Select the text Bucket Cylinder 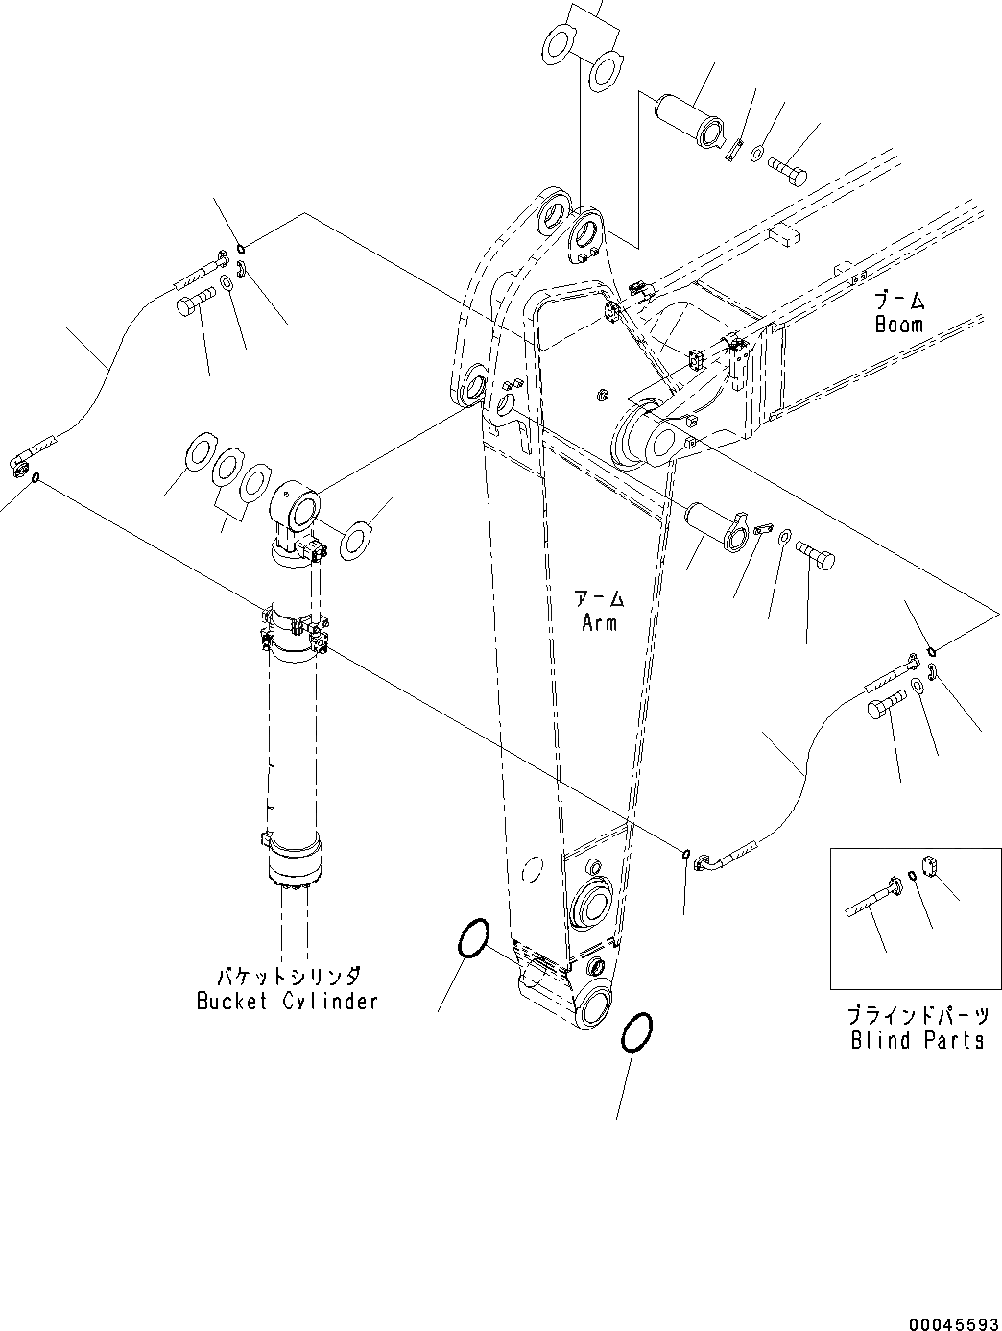coord(287,1001)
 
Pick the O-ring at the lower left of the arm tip coord(474,937)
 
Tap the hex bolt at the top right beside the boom coord(787,171)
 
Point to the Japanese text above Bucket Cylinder coord(287,977)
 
